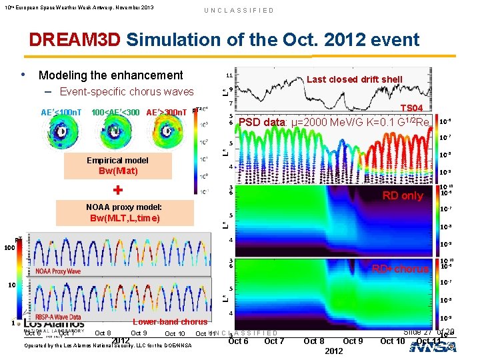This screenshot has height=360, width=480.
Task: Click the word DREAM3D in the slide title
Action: click(75, 40)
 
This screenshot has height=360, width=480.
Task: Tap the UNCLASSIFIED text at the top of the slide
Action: click(239, 10)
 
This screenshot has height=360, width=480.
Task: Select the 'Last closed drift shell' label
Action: click(355, 79)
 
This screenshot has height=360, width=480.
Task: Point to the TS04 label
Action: click(411, 108)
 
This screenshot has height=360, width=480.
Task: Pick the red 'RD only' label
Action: click(402, 195)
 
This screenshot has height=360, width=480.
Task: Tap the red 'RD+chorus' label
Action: click(400, 269)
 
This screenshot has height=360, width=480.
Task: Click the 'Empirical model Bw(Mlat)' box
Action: click(118, 165)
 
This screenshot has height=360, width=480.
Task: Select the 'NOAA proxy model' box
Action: click(118, 213)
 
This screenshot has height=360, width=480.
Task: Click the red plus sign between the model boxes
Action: click(117, 190)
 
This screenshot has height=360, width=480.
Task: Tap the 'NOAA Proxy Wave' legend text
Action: click(58, 271)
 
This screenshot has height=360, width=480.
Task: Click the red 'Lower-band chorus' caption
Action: click(170, 322)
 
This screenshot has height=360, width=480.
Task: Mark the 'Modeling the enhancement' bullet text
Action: click(111, 75)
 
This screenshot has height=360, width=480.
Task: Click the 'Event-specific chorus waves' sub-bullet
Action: click(127, 91)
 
